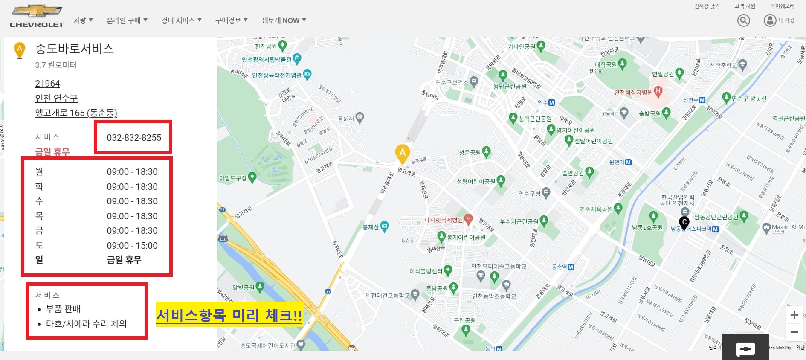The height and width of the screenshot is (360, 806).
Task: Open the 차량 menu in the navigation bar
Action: click(x=83, y=20)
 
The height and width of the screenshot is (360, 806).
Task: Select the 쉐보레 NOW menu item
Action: click(x=284, y=20)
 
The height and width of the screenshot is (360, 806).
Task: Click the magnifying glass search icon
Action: click(x=743, y=20)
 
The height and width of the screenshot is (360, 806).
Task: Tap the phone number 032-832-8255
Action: click(x=134, y=138)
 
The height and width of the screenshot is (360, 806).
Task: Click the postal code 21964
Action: click(x=47, y=84)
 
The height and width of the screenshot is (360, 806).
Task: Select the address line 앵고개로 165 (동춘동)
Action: click(x=76, y=113)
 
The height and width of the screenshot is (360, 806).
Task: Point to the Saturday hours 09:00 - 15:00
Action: click(x=132, y=246)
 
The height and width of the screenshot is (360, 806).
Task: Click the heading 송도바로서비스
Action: click(x=75, y=49)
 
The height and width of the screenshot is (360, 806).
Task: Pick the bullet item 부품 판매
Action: click(x=63, y=309)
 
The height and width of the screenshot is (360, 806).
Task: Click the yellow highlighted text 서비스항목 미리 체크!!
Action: click(x=229, y=316)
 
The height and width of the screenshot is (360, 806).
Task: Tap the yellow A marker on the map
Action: click(x=402, y=153)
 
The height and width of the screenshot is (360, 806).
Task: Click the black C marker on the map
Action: click(x=684, y=222)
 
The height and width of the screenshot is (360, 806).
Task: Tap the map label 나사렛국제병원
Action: click(x=444, y=220)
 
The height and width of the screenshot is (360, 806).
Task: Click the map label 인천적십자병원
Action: click(x=633, y=92)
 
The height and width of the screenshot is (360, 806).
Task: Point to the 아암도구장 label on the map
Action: click(x=233, y=178)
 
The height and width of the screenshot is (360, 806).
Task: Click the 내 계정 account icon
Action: click(x=770, y=20)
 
